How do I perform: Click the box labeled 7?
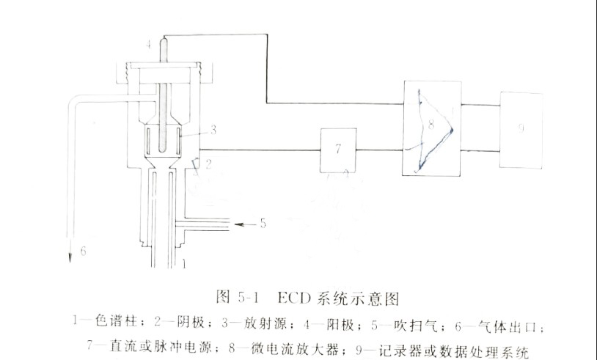point(337,149)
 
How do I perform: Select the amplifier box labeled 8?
point(431,128)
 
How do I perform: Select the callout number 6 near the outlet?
point(84,251)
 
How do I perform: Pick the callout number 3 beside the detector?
point(213,131)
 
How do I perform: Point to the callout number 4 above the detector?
point(149,45)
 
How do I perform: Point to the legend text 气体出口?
point(524,320)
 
